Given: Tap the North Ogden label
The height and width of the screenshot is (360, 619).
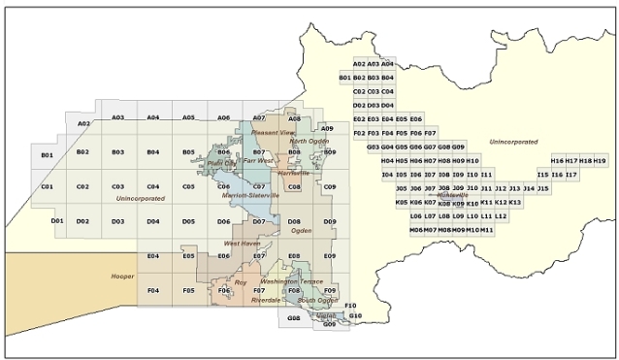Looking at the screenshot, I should (x=309, y=142).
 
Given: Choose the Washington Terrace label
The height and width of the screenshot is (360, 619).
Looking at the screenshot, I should (x=291, y=281).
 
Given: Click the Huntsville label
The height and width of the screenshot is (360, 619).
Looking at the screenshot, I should (x=453, y=195).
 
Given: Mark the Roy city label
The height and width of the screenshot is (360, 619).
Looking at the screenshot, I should (x=241, y=281).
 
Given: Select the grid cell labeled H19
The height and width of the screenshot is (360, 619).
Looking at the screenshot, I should (x=600, y=160).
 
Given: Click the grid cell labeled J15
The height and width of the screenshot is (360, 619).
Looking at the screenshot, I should (x=543, y=188).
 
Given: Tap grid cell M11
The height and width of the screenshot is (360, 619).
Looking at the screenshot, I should (x=487, y=230).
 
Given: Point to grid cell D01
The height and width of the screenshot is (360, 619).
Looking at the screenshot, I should (x=56, y=221).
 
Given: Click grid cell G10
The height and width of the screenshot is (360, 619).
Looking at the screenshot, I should (x=355, y=316).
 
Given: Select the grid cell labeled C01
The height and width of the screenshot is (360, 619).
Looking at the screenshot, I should (x=47, y=186).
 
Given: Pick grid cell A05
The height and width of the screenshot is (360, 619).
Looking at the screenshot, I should (x=189, y=117).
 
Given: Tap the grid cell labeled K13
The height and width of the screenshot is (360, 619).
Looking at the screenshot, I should (x=515, y=203).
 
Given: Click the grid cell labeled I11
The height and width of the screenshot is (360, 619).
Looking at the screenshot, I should (x=487, y=174).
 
